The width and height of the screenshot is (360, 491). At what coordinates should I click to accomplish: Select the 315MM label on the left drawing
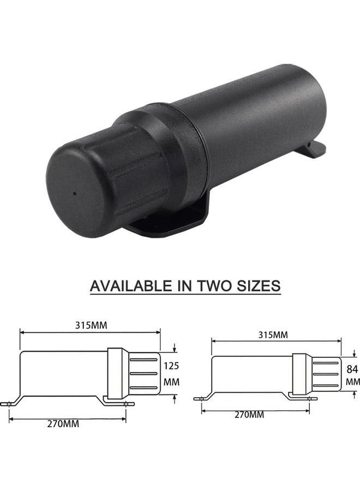tap(91, 325)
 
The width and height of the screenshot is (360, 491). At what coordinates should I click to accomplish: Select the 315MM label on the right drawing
tap(272, 334)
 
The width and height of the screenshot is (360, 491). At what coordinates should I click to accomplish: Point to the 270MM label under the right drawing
tap(249, 415)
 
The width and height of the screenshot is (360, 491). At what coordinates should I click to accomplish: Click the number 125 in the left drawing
tap(172, 366)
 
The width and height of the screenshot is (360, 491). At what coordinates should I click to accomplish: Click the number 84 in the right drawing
tap(352, 369)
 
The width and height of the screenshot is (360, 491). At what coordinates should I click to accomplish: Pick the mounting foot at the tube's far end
tap(315, 149)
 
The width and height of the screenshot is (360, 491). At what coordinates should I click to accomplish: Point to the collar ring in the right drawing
tap(299, 374)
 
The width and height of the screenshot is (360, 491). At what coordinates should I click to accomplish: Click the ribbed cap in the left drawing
tap(145, 373)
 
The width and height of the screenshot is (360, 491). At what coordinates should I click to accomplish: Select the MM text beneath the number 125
tap(172, 382)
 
